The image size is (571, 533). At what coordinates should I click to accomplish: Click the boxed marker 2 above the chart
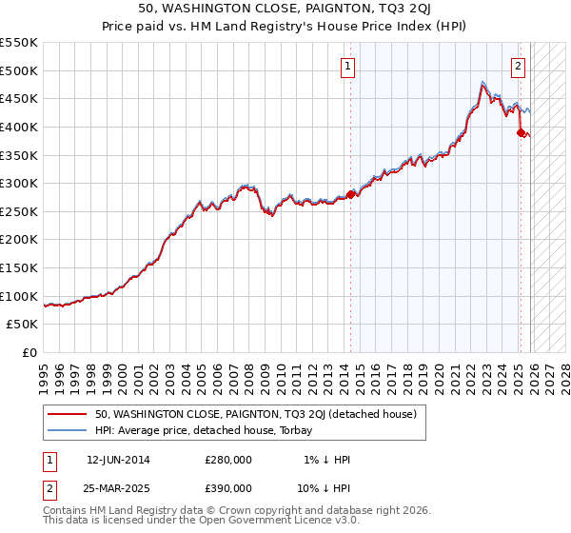tap(518, 67)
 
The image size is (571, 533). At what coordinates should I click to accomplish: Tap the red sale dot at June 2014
tap(350, 194)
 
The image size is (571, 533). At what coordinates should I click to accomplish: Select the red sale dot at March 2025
tap(521, 132)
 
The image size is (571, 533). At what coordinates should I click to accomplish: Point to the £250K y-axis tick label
tap(19, 211)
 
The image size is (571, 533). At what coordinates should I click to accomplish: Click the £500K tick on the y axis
tap(19, 70)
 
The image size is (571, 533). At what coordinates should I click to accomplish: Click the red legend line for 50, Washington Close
tap(68, 414)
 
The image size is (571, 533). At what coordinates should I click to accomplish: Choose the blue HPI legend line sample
tap(68, 430)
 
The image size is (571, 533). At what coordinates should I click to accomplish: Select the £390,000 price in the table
tap(227, 487)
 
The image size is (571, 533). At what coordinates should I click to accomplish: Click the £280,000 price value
tap(227, 460)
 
